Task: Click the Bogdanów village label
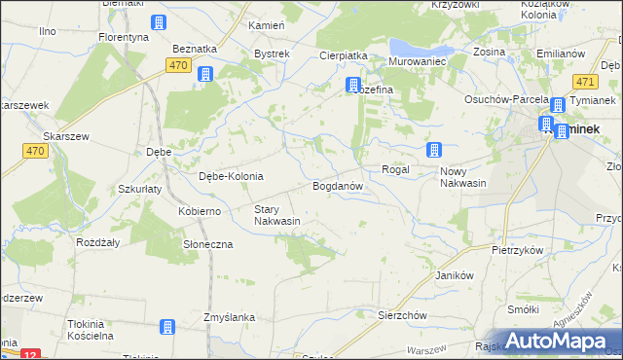[x=338, y=185]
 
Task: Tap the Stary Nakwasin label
[x=276, y=215]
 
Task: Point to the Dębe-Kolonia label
[x=231, y=176]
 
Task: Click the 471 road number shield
[x=585, y=83]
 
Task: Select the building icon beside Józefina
[x=353, y=86]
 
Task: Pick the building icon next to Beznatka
[x=205, y=74]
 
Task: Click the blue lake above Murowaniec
[x=414, y=48]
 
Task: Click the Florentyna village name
[x=124, y=36]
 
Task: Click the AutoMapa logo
[x=553, y=340]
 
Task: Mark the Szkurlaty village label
[x=139, y=189]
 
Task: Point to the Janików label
[x=454, y=275]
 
